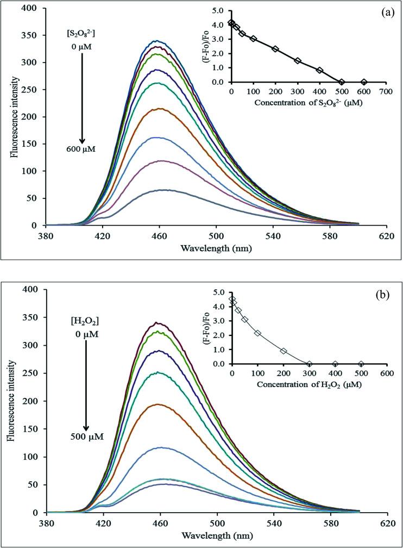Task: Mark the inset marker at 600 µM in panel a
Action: tap(364, 82)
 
